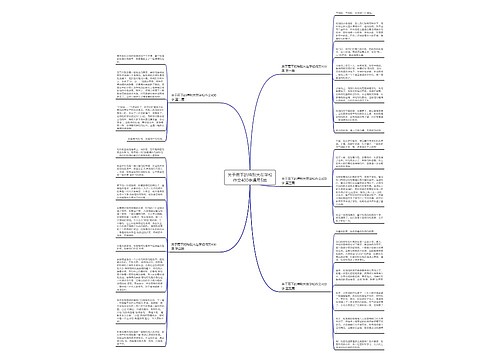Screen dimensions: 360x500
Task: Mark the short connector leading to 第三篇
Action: pyautogui.click(x=276, y=179)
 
